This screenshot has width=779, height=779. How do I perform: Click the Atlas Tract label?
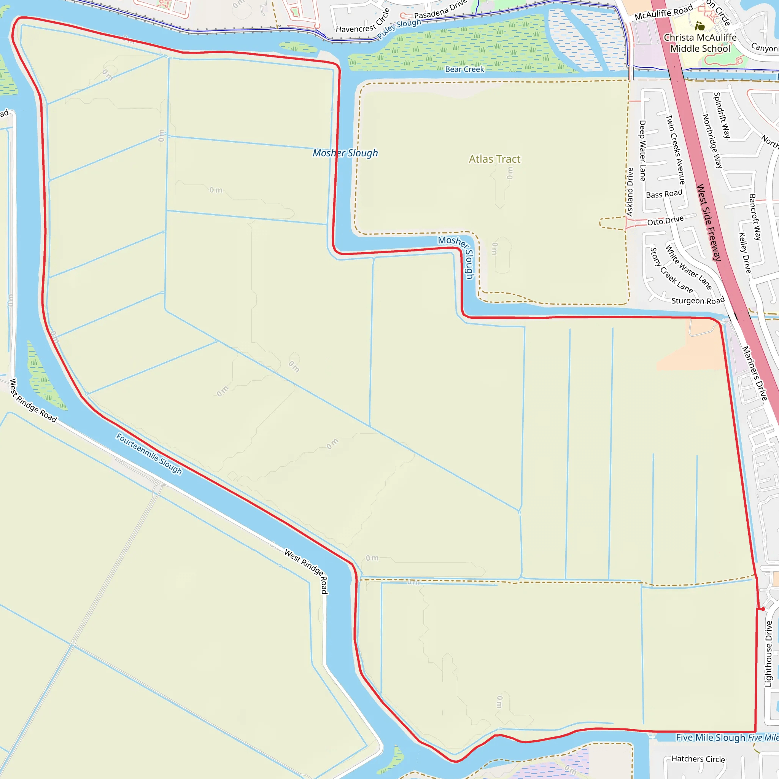[x=494, y=159]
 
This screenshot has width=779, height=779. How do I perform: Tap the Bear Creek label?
[x=464, y=69]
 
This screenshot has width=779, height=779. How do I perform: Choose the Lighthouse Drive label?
[x=768, y=653]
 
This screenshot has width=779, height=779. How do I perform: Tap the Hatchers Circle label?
[x=698, y=759]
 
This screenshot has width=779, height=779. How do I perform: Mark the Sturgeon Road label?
[x=698, y=301]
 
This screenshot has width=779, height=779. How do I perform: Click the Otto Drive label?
[x=665, y=221]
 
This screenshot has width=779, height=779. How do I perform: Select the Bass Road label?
[x=664, y=194]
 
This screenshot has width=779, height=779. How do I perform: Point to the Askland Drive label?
[x=630, y=192]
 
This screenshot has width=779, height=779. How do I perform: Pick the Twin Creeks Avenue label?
[x=676, y=149]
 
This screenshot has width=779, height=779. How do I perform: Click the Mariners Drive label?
[x=754, y=374]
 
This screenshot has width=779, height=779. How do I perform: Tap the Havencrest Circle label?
[x=363, y=21]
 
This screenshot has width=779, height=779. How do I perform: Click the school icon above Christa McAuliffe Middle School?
[x=700, y=26]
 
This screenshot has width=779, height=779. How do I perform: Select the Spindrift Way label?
[x=722, y=115]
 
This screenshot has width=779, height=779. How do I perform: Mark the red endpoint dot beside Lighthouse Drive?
[x=763, y=609]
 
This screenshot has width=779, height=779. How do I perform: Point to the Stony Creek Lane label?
[x=671, y=270]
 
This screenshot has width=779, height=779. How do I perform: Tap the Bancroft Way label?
[x=755, y=217]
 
